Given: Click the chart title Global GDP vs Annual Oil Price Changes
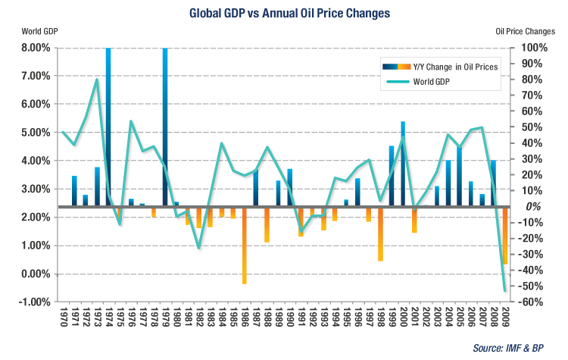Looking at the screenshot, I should click(x=284, y=12).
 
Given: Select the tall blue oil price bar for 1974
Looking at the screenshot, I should click(x=108, y=121).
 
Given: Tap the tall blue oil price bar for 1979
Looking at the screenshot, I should click(x=164, y=121).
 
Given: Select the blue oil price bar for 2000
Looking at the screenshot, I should click(x=402, y=163).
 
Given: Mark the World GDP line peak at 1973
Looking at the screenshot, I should click(x=97, y=80).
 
